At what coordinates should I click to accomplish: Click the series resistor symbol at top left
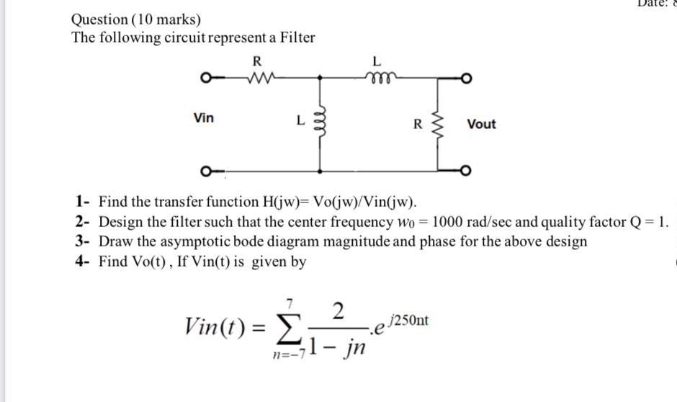point(258,77)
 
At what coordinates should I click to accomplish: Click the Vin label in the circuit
point(204,117)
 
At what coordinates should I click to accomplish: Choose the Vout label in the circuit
point(481,124)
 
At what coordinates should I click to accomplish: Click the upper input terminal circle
point(206,77)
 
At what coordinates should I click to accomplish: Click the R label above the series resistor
point(257,60)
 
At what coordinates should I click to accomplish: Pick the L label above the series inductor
point(375,60)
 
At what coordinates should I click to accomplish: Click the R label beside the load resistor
point(418,124)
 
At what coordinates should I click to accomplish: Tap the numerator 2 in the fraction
point(339,311)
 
